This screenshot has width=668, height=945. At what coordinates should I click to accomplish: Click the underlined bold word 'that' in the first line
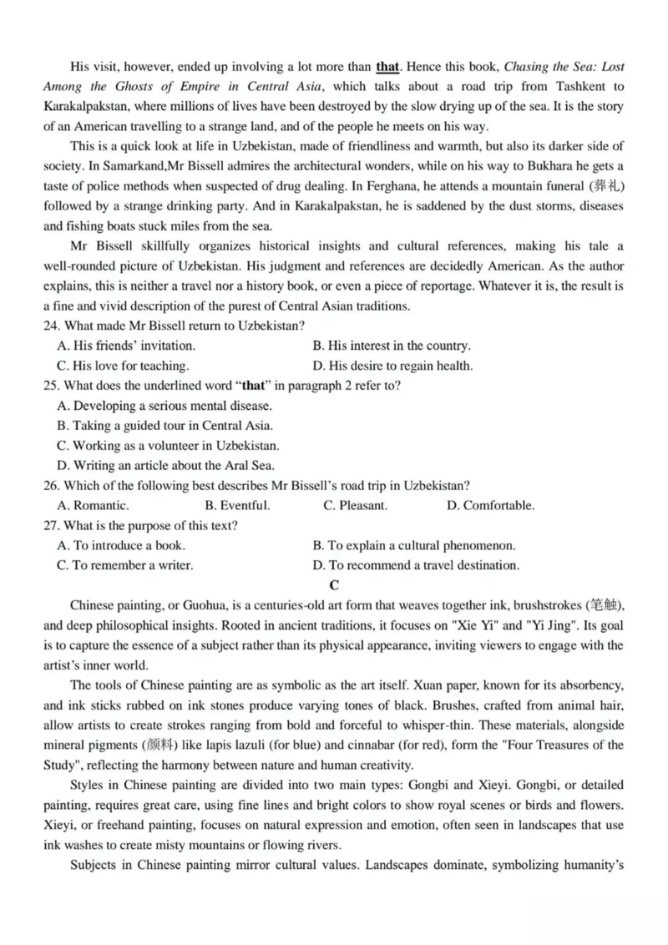click(x=388, y=66)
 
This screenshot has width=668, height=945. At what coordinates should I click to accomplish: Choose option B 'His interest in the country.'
click(x=392, y=345)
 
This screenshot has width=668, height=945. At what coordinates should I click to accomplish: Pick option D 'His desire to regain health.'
click(x=392, y=365)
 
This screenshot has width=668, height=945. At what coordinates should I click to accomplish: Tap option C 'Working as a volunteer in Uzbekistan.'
click(x=168, y=446)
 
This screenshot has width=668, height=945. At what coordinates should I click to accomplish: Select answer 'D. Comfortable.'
click(x=491, y=505)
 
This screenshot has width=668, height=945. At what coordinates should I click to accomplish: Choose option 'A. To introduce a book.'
click(x=121, y=545)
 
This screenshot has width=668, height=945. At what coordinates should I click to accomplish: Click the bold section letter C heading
click(x=334, y=584)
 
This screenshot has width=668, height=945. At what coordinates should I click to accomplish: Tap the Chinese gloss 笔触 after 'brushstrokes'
click(x=603, y=605)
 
